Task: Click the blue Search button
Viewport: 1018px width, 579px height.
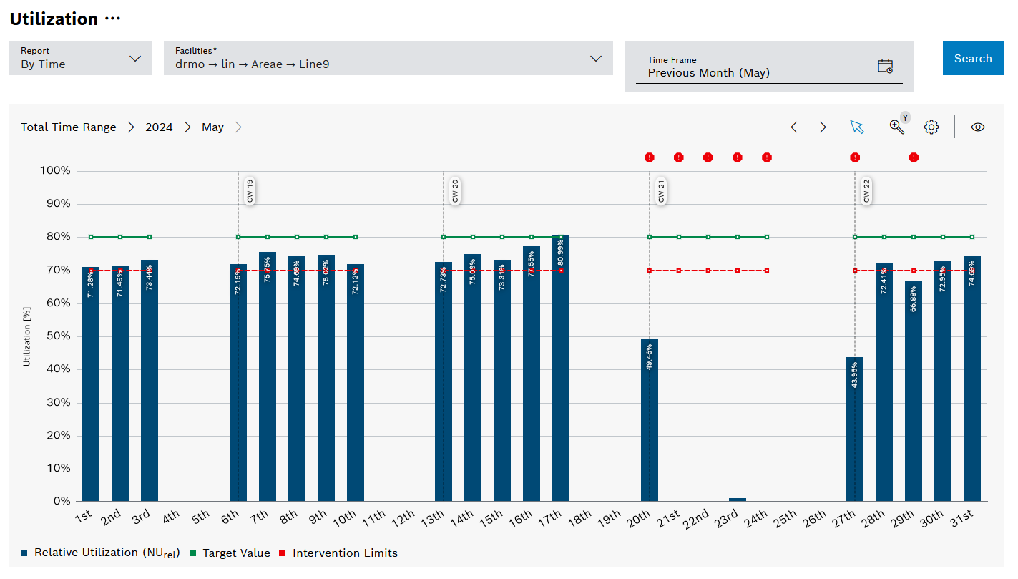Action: (x=972, y=58)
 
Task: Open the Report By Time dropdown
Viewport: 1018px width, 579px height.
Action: (x=81, y=58)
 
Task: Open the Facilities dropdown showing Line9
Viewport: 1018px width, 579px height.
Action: (x=388, y=58)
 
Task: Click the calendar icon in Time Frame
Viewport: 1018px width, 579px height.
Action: (x=885, y=67)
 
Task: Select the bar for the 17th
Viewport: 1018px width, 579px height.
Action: (x=560, y=369)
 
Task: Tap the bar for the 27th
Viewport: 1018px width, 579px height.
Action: (x=854, y=429)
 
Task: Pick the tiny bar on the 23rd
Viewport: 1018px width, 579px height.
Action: (x=737, y=500)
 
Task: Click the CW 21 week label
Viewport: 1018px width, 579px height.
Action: (x=661, y=192)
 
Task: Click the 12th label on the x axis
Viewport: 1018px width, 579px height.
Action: (x=403, y=517)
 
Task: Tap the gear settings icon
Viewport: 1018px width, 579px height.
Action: (x=931, y=127)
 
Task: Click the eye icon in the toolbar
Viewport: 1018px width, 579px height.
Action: (x=977, y=127)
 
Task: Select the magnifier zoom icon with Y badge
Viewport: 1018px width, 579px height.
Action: (x=897, y=126)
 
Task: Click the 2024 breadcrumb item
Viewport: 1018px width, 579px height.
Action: (x=159, y=127)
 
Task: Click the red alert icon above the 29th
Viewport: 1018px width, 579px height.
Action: (x=913, y=157)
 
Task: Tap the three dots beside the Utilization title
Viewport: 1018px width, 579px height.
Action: (x=113, y=19)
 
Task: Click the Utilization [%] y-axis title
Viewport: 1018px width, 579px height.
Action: (x=27, y=336)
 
